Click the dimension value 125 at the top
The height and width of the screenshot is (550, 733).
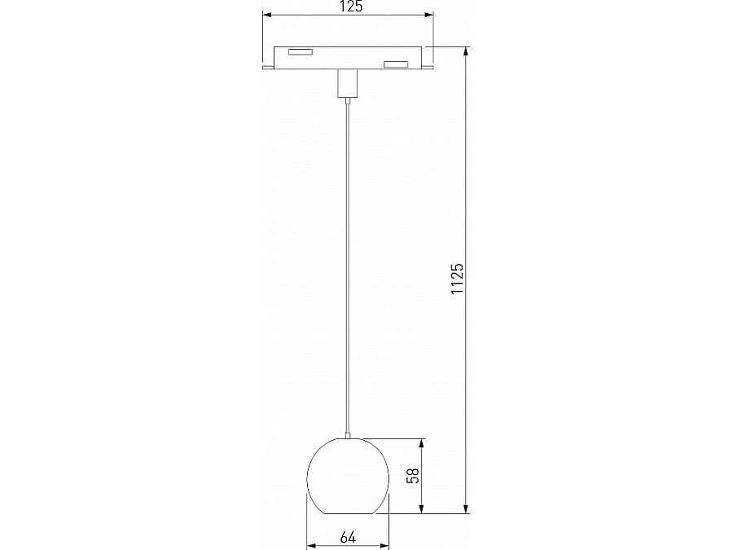tap(349, 7)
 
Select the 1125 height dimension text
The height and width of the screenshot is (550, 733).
tap(457, 279)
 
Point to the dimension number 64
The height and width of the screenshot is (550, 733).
tap(349, 537)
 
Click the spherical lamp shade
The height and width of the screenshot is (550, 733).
tap(349, 477)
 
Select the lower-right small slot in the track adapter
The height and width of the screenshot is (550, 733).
tap(396, 64)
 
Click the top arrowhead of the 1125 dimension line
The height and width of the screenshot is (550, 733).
tap(467, 51)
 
